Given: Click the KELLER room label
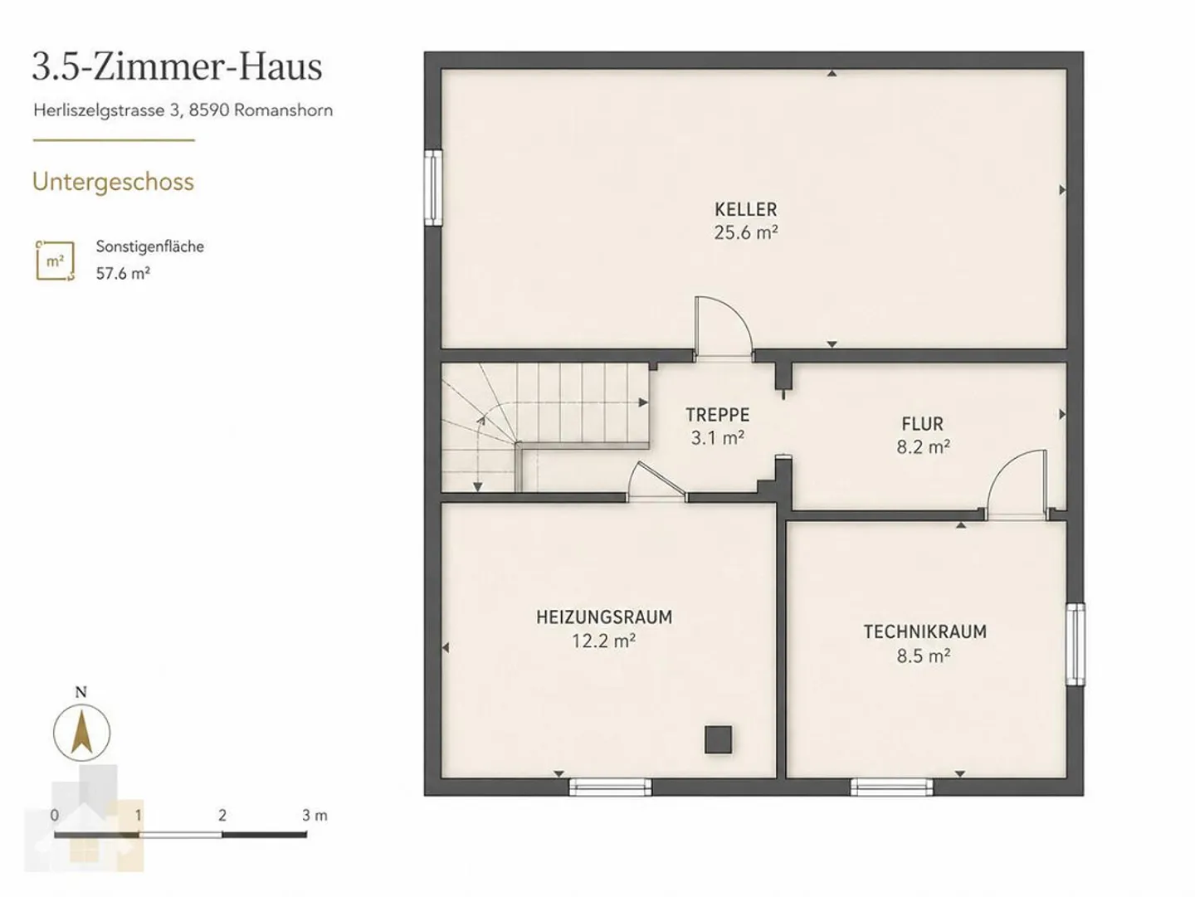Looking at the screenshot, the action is tap(745, 209).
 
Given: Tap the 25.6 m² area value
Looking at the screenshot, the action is tap(745, 232).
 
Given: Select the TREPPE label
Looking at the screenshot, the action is tap(717, 415).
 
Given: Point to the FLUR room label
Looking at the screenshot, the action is tap(922, 423).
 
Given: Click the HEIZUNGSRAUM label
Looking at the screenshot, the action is tap(604, 617).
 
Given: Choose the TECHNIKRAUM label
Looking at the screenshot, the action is tap(925, 632).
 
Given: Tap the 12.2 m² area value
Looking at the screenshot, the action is tap(604, 641).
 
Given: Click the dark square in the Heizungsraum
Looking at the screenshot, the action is tap(718, 739).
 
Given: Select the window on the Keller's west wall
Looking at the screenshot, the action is tap(433, 188).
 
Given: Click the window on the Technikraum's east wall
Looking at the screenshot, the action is tap(1075, 645).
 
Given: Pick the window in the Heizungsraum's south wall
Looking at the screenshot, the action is tap(610, 787).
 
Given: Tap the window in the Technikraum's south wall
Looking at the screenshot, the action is tap(892, 787).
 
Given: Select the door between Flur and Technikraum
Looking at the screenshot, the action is tap(1017, 485).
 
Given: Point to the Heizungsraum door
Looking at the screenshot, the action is tap(656, 482).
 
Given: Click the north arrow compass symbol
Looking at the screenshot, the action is tap(81, 733).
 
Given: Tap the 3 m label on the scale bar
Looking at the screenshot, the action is tap(315, 816).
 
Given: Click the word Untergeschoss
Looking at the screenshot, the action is tap(113, 183).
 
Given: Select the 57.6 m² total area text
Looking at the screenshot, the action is tap(123, 273).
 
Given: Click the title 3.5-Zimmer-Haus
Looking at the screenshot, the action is tap(178, 67).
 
